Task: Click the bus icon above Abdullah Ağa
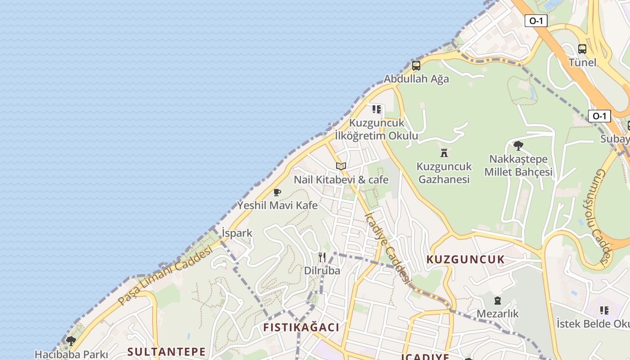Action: coord(416,66)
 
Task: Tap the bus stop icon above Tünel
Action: coord(582,49)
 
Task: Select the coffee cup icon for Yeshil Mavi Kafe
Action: coord(277,193)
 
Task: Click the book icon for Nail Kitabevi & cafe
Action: coord(341,166)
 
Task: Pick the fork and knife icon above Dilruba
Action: coord(322,257)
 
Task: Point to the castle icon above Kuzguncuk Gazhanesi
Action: coord(444,153)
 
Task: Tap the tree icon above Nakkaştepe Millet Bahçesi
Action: coord(518,146)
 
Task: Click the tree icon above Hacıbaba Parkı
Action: coord(71,341)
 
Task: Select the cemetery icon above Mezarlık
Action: coord(498,300)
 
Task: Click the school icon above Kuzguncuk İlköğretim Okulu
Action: coord(377,109)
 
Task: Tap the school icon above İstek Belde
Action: coord(604,310)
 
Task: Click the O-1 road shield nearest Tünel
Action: coord(536,20)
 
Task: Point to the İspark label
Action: coord(237,233)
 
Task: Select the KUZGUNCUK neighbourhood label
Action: coord(466,260)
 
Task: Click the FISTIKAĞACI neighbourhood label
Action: coord(301,327)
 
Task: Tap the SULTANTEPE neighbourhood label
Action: coord(166,351)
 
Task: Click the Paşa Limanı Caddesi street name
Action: coord(165,275)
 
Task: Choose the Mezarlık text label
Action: coord(498,313)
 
